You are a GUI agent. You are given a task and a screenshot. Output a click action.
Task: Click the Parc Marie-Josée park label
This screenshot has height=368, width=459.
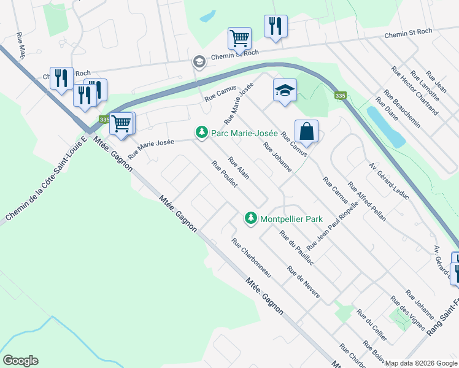coord(245,132)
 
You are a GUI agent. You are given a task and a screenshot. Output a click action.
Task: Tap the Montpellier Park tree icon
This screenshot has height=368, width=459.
coord(250,218)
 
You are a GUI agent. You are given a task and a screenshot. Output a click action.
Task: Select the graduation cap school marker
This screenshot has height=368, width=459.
coord(285,91)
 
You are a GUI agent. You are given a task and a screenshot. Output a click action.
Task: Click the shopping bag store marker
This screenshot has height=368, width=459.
coord(306,131)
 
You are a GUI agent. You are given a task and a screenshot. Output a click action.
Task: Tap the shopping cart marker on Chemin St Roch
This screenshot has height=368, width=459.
coord(239,39)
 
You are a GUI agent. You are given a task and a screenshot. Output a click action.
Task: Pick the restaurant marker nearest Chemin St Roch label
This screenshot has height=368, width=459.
coord(274,26)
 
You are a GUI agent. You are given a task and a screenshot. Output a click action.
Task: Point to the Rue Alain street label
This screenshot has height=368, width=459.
coord(238,168)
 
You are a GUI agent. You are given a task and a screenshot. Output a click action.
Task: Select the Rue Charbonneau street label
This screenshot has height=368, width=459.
coord(251,258)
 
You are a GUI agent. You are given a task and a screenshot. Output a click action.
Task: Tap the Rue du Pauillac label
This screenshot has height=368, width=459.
coord(296,248)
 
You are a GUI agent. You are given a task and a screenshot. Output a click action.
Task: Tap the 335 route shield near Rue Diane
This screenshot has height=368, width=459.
coord(339,96)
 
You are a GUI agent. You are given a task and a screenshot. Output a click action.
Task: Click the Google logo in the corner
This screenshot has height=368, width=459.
coord(20,361)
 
